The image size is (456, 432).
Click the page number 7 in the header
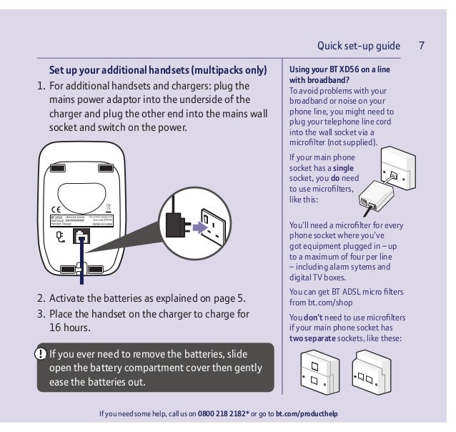(422, 46)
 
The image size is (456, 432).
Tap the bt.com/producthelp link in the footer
(307, 413)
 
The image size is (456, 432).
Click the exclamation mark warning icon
(42, 353)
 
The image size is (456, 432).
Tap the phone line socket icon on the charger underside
(84, 237)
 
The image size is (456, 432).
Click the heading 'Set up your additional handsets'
(157, 71)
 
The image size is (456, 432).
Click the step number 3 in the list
(41, 314)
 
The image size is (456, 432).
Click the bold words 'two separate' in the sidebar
(314, 338)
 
